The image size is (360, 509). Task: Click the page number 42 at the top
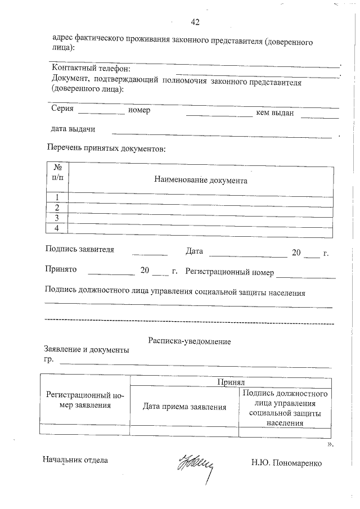pyautogui.click(x=195, y=22)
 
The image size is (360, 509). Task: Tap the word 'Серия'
pyautogui.click(x=62, y=110)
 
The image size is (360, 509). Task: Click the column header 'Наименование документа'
pyautogui.click(x=201, y=181)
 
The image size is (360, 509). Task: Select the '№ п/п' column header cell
pyautogui.click(x=57, y=176)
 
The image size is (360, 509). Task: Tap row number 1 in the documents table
pyautogui.click(x=57, y=197)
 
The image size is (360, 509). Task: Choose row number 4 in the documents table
pyautogui.click(x=57, y=228)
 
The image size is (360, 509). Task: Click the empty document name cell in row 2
pyautogui.click(x=201, y=208)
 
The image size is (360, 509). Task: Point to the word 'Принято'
pyautogui.click(x=60, y=270)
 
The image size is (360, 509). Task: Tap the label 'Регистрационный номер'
pyautogui.click(x=229, y=272)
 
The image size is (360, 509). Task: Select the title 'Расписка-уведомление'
pyautogui.click(x=190, y=341)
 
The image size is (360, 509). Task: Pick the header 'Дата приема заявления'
pyautogui.click(x=184, y=407)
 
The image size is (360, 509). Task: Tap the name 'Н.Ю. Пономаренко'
pyautogui.click(x=286, y=463)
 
